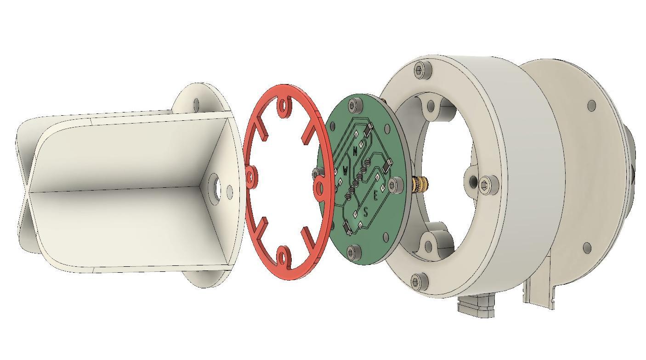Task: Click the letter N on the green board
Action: point(355,151)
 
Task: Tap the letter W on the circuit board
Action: point(346,171)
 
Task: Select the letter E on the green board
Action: point(375,196)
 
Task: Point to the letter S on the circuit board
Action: point(366,212)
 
